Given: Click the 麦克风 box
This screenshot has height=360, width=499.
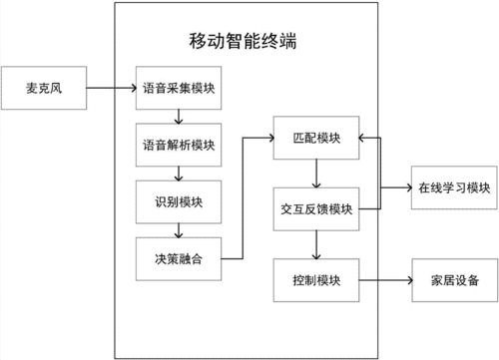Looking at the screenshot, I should coord(45,89).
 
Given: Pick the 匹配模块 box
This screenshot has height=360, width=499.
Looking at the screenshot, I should coord(315,138).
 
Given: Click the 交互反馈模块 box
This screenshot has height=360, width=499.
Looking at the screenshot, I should coord(315,208).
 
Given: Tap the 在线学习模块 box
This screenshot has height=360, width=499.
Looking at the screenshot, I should coord(452,187).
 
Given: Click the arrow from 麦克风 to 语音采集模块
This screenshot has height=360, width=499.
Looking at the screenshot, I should coord(112,89).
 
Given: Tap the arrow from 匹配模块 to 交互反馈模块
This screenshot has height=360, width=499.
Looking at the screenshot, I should coord(315,173).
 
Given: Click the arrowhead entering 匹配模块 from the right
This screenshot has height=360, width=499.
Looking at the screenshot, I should coord(364,138).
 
